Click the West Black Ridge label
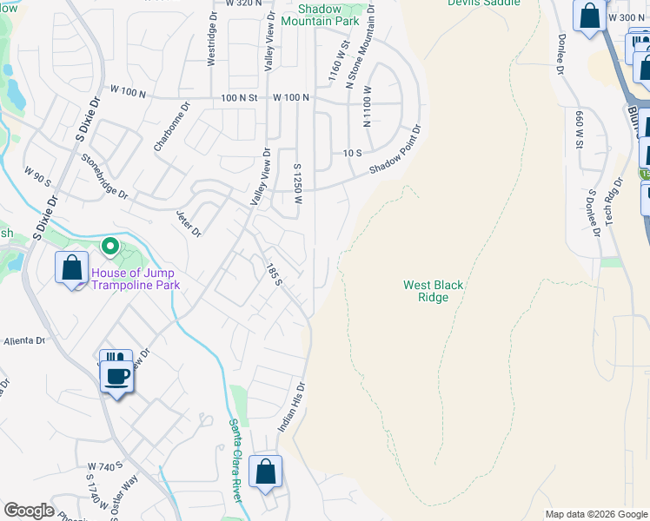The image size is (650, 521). (x=433, y=291)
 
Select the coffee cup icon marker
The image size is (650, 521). (x=116, y=376)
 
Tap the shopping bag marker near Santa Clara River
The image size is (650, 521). (x=266, y=472)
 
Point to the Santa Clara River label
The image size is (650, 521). (x=235, y=447)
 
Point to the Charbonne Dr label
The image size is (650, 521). (x=171, y=129)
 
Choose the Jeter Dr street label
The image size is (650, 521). (x=189, y=223)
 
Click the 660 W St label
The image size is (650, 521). (x=578, y=130)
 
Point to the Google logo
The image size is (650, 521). (x=29, y=511)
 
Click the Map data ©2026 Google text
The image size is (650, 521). (x=596, y=514)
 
